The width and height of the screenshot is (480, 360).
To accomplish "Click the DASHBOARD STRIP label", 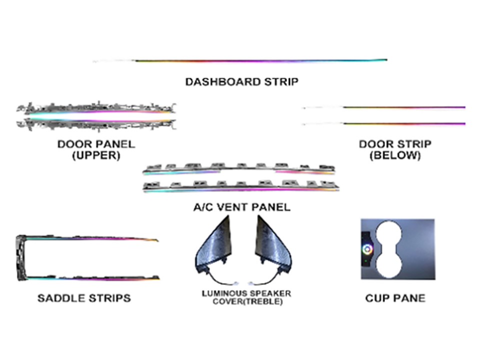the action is (x=242, y=81).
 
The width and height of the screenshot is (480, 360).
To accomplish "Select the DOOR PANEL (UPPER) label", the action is (x=96, y=149).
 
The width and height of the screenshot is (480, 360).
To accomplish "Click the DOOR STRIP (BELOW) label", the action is (x=395, y=149).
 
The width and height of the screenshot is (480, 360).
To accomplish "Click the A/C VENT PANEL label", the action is (x=242, y=207).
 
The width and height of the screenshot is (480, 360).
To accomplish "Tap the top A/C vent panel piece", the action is (x=239, y=169).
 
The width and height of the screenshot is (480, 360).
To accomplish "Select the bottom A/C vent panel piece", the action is (x=241, y=186).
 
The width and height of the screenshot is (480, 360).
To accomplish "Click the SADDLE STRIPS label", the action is (x=84, y=298).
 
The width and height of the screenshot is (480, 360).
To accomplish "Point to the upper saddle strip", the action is (x=92, y=238).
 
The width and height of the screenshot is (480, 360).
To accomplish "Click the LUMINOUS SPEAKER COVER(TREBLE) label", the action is (x=246, y=297).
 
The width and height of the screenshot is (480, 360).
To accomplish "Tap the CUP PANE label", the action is (x=395, y=298).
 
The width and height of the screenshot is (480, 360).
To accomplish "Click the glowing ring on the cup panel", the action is (x=367, y=249).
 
